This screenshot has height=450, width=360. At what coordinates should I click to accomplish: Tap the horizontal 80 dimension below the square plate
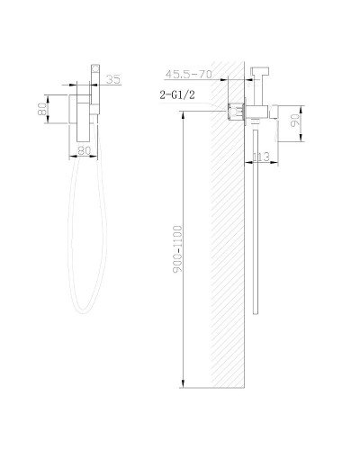click(85, 151)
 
